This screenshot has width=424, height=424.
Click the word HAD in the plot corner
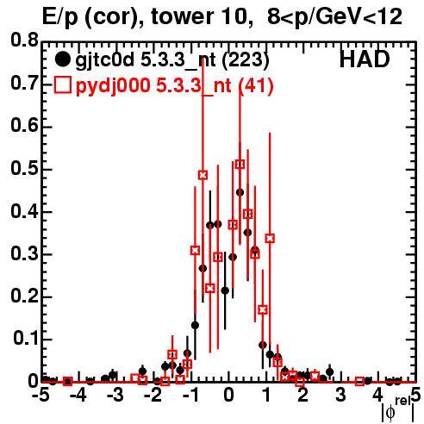(x=365, y=59)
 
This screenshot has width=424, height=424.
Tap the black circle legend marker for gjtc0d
(x=62, y=59)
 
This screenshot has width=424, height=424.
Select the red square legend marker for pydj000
(x=62, y=85)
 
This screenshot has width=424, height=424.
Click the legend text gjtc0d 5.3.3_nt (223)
(x=172, y=61)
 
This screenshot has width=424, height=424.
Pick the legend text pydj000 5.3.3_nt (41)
(x=174, y=86)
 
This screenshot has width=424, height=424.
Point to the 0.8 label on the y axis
(x=24, y=41)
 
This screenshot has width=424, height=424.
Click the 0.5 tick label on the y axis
(x=24, y=169)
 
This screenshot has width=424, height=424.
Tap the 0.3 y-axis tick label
(x=24, y=254)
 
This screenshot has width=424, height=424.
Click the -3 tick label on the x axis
(x=115, y=395)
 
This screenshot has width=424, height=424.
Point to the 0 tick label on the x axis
(x=228, y=395)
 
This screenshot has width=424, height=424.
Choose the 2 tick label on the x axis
(x=303, y=395)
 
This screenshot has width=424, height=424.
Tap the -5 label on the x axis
(x=41, y=395)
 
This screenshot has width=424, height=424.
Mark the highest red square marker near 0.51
(x=240, y=165)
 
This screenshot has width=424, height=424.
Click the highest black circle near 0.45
(x=240, y=192)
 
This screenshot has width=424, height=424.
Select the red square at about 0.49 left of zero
(x=203, y=175)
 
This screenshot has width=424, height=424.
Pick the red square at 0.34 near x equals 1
(x=270, y=238)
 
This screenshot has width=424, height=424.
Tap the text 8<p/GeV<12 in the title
(x=334, y=17)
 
